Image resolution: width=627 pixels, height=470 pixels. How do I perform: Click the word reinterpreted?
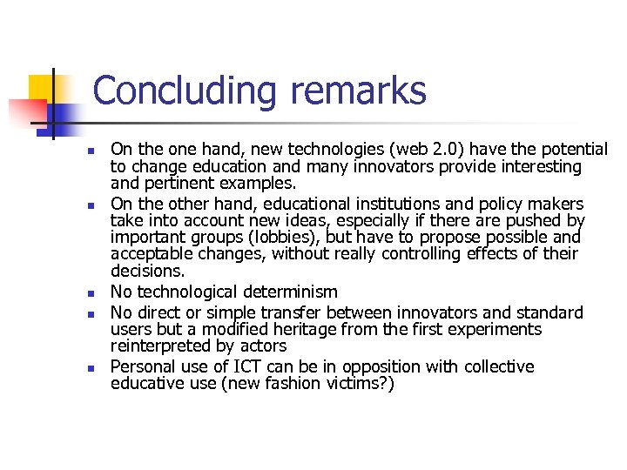click(161, 346)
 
